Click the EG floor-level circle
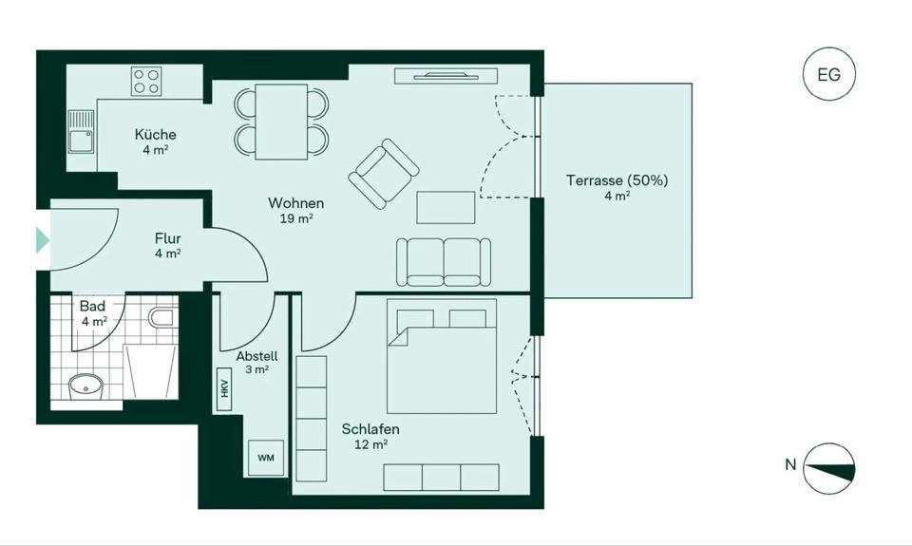coord(828,75)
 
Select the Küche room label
coord(155,135)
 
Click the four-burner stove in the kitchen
coord(147,80)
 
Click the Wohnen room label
coord(295,203)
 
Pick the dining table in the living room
coord(281,122)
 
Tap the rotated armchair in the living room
coord(384,174)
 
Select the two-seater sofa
coord(444,261)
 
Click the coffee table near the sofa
coord(446,207)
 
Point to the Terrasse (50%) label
coord(617,179)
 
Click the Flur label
coord(167,238)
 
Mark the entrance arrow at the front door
coord(42,239)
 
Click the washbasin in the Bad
coord(85,386)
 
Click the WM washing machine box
coord(265,459)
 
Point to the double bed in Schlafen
coord(442,356)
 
